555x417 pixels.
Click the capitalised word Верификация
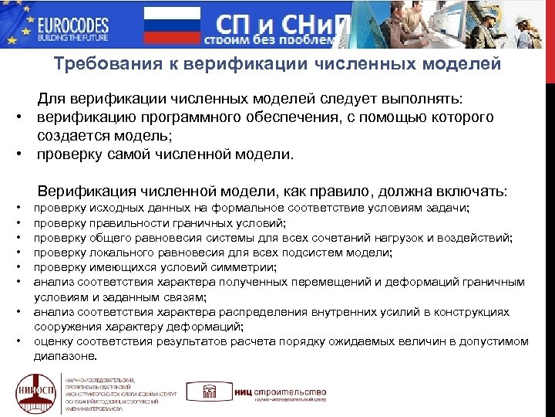point(82,191)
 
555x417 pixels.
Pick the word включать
point(471,191)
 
